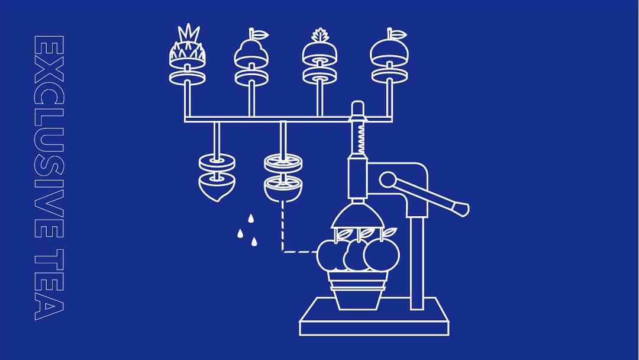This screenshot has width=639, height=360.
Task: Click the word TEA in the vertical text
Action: (x=49, y=285)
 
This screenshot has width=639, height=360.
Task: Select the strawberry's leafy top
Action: (x=320, y=36)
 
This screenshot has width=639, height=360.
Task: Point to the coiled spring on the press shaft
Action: (x=361, y=138)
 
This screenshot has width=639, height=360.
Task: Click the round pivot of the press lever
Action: (x=387, y=179)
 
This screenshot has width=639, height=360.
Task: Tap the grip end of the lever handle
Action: (x=462, y=209)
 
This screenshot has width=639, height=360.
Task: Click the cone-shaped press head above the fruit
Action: (x=357, y=216)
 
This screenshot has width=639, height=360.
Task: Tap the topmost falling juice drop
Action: (x=251, y=218)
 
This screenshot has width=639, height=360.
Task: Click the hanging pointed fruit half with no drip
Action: (x=217, y=189)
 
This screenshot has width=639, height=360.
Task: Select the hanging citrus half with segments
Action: (x=283, y=188)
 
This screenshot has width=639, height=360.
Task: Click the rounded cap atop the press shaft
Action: (x=358, y=108)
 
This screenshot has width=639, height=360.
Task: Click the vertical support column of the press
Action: (x=417, y=262)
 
